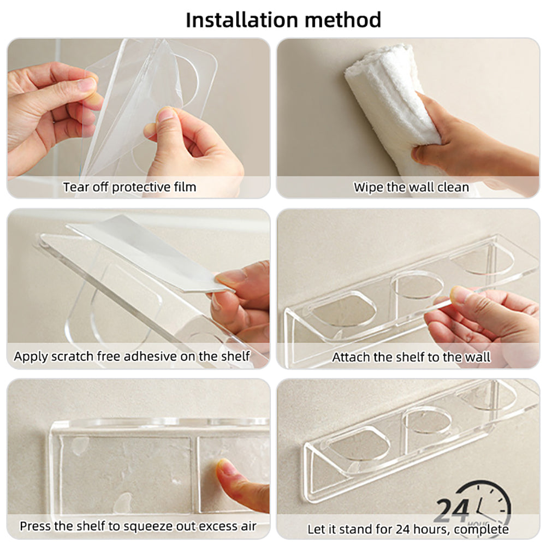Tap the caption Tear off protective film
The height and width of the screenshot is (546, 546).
coord(129,187)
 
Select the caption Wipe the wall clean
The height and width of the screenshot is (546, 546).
coord(411,187)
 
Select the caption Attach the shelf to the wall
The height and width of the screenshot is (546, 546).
coord(411,358)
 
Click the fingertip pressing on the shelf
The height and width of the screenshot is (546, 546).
coord(225,468)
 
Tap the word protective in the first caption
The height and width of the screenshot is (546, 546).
coord(141,187)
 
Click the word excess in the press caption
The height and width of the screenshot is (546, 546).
coord(217,527)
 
